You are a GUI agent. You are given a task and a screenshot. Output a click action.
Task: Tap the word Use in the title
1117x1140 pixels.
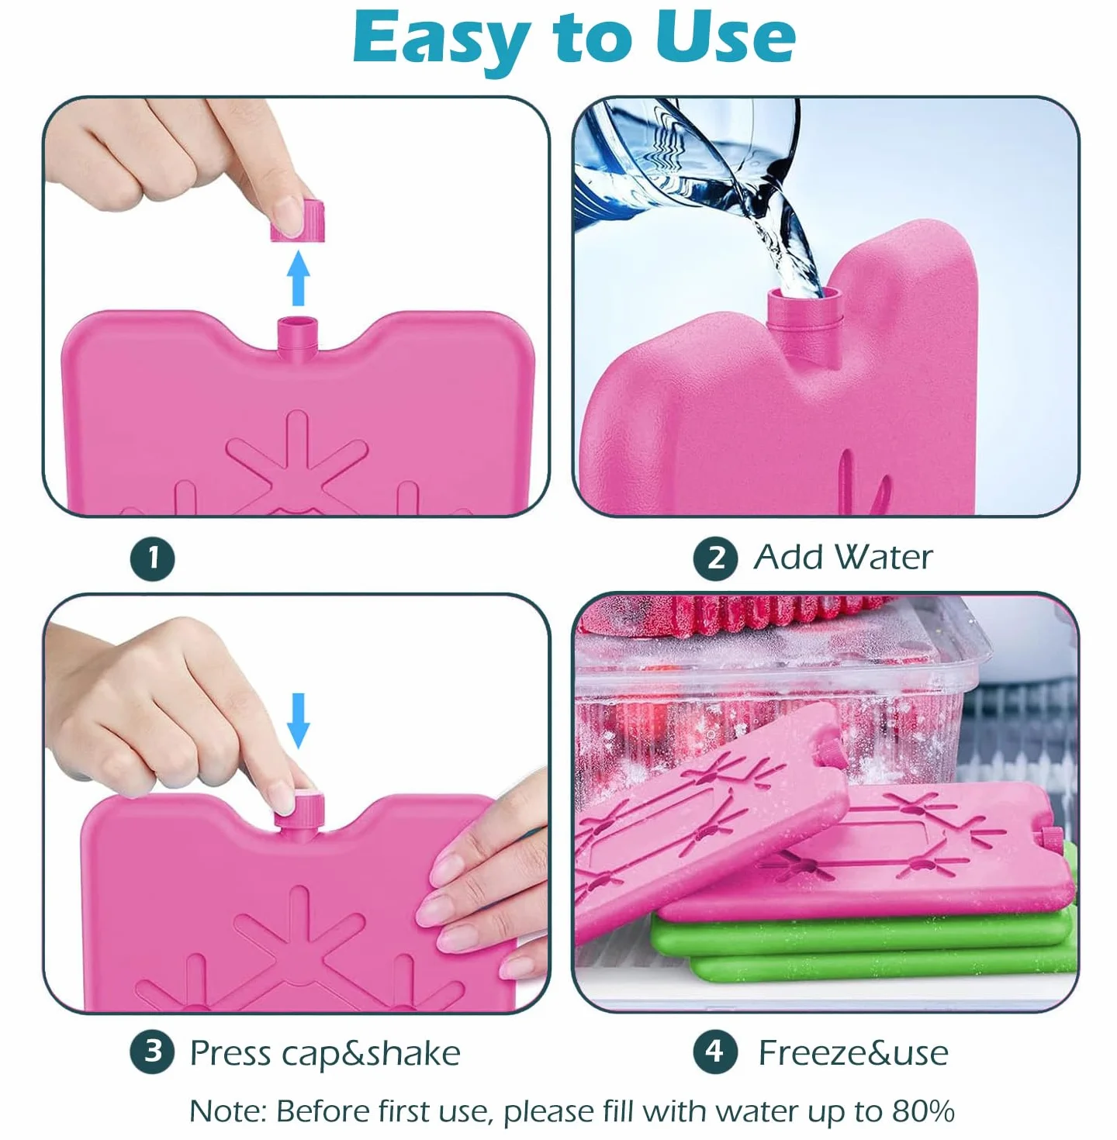[726, 37]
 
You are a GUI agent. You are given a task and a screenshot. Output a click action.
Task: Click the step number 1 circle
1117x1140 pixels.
[153, 558]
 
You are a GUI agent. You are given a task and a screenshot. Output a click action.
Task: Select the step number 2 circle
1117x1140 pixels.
[716, 558]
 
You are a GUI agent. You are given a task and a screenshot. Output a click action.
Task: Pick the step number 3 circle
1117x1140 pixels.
[153, 1052]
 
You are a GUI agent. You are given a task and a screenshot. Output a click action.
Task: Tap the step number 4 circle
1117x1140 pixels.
[716, 1052]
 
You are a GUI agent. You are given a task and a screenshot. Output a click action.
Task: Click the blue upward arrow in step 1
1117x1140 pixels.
[299, 278]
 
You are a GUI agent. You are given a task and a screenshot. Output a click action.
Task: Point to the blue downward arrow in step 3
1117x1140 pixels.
[299, 720]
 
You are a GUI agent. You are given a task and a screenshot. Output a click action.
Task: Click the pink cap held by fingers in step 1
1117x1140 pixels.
[298, 221]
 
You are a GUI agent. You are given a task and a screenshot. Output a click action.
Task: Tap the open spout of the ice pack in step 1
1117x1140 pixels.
[298, 337]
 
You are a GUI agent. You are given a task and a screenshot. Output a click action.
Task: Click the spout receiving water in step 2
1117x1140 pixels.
[804, 312]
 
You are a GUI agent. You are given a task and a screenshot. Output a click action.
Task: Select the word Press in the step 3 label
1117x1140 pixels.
[230, 1054]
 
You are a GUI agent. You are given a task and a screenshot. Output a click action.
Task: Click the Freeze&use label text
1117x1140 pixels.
[853, 1053]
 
